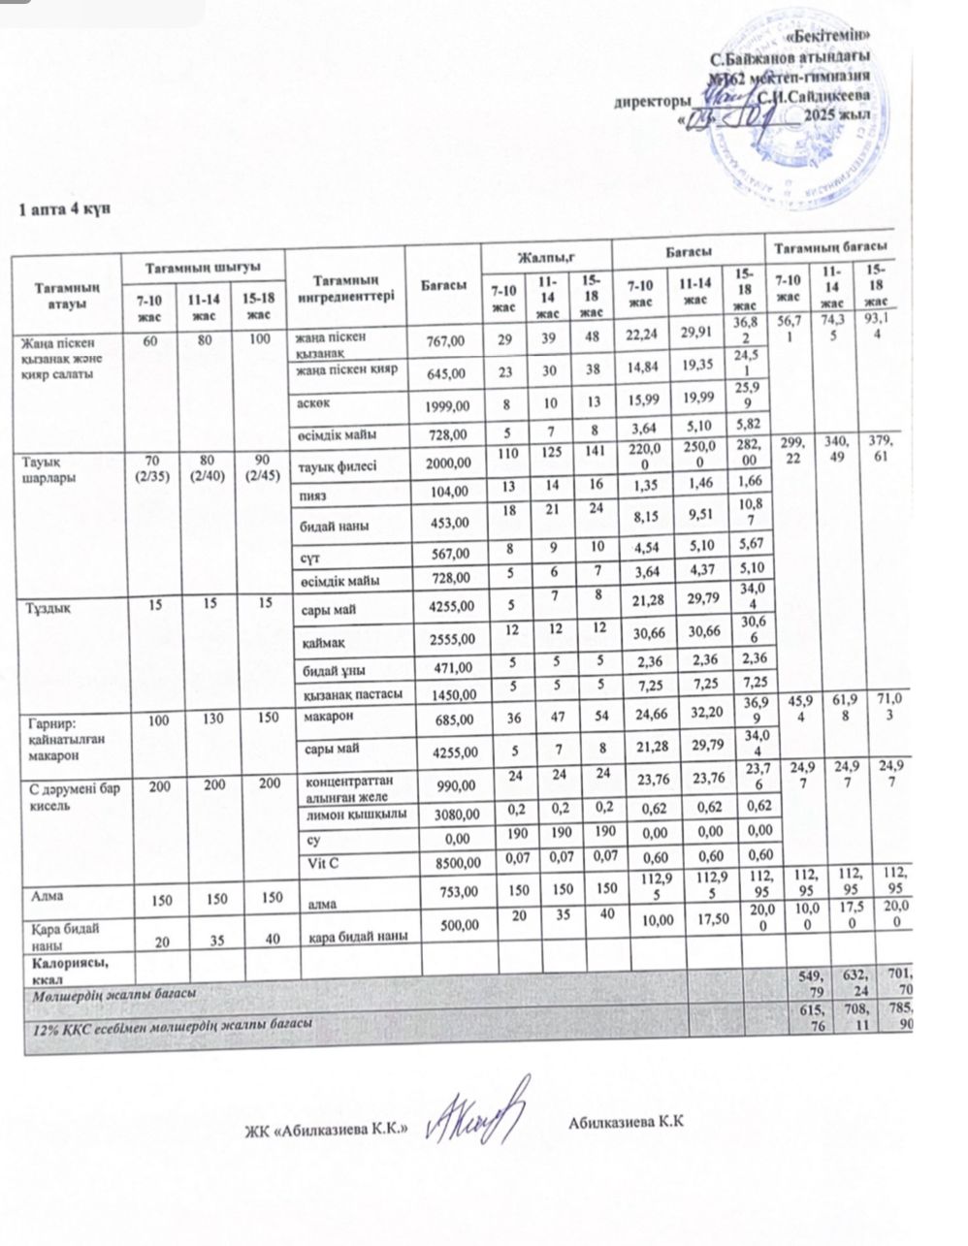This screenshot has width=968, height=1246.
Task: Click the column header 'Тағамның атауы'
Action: coord(65,292)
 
